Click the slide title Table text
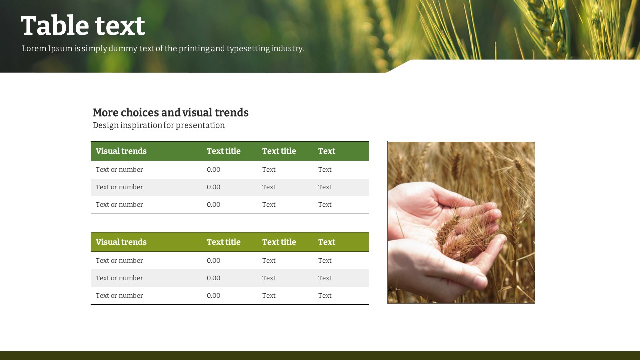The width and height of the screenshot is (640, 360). [83, 26]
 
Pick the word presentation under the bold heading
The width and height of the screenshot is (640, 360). [200, 125]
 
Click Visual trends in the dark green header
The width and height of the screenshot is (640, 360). [121, 151]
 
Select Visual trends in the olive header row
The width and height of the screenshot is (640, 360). [121, 242]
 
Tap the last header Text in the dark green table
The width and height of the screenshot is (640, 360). [327, 151]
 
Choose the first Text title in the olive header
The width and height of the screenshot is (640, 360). [223, 242]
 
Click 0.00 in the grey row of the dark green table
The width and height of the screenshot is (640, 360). [213, 187]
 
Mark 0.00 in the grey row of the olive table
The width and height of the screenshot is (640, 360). [213, 278]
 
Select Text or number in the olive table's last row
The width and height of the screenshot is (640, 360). [119, 295]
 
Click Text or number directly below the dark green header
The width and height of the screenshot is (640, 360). [119, 169]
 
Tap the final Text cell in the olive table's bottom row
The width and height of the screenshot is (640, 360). [325, 295]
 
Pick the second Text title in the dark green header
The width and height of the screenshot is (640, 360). [279, 151]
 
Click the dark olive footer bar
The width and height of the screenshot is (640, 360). [320, 355]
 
